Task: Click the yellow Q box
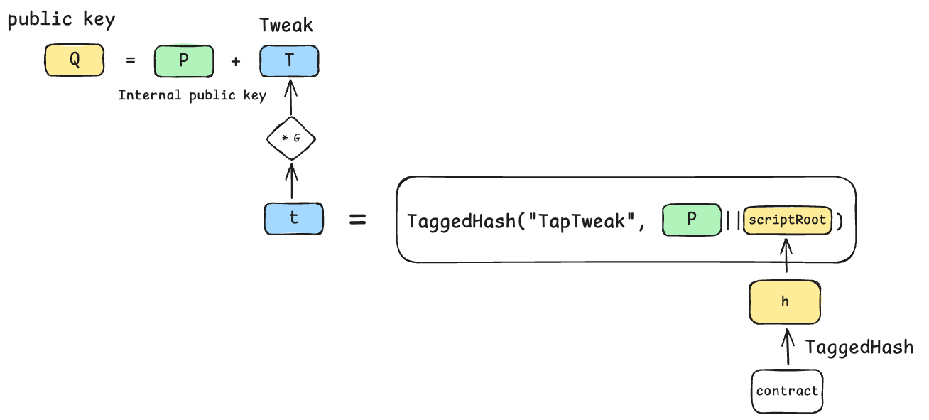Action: tap(75, 60)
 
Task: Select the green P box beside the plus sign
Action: tap(184, 60)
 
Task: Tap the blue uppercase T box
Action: tap(289, 61)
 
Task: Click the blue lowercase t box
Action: tap(293, 219)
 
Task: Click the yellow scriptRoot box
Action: tap(787, 220)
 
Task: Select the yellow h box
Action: tap(785, 301)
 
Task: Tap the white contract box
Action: tap(787, 391)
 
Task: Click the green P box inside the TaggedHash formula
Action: tap(691, 220)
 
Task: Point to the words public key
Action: tap(60, 20)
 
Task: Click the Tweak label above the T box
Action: tap(286, 26)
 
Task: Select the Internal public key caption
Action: tap(192, 95)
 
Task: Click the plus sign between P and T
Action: tap(236, 61)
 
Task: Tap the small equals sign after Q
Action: tap(130, 61)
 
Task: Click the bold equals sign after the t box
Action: tap(358, 220)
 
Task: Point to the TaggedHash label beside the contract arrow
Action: tap(859, 348)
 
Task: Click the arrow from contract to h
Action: tap(786, 347)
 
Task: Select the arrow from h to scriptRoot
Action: tap(786, 257)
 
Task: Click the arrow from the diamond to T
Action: tap(290, 99)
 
